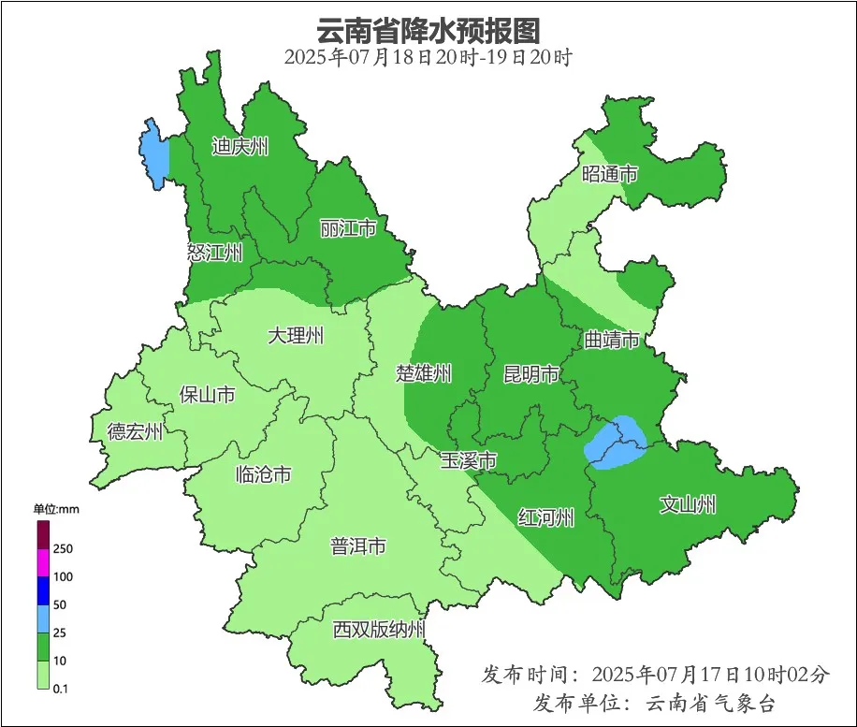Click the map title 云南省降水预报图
coord(428,30)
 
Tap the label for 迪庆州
coord(240,147)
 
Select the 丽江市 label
coord(348,228)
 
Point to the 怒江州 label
coord(214,252)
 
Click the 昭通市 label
coord(610,174)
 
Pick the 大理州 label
coord(296,335)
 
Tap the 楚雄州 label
coord(424,374)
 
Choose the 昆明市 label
coord(531,374)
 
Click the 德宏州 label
coord(135,431)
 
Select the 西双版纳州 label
coord(379,629)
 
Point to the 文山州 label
coord(688,505)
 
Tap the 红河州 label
coord(546,517)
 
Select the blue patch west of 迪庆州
coord(153,153)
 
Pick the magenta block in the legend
coord(43,563)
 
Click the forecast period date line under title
coord(428,57)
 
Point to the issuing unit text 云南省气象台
coord(710,703)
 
